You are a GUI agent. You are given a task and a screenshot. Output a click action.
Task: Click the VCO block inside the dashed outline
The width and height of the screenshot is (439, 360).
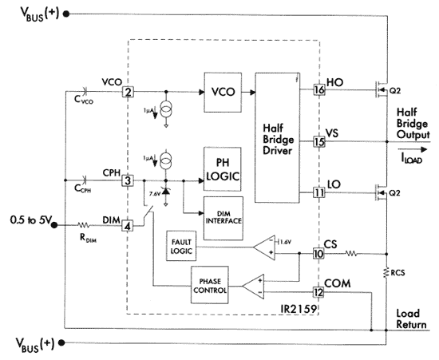(223, 93)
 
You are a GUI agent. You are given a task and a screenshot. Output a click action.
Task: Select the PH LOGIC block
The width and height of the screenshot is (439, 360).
(223, 168)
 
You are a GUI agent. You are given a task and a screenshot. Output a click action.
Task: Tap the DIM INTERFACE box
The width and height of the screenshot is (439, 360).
(223, 218)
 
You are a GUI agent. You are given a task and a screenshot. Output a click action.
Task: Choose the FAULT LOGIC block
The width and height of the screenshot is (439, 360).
(181, 246)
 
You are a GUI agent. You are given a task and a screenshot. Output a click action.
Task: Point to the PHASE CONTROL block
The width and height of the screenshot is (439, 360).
(210, 285)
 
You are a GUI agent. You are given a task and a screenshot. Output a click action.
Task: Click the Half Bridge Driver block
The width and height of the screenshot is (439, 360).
(277, 137)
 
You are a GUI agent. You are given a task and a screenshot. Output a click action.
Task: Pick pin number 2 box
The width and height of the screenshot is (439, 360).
(128, 92)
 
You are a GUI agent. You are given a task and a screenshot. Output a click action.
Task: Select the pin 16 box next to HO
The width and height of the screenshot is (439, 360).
(319, 90)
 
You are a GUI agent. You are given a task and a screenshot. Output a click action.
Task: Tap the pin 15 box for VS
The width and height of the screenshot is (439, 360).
(319, 141)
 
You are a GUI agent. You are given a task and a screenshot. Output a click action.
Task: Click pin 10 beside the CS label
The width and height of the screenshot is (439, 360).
(318, 254)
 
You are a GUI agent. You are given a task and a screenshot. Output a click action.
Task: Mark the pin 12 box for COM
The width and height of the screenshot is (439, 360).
(318, 292)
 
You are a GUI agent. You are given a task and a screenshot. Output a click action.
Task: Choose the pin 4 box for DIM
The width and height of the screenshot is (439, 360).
(128, 226)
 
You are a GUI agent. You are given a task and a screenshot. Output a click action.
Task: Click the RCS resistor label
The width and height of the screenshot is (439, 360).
(397, 273)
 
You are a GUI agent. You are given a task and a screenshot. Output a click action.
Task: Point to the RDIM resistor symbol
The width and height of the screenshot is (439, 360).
(84, 225)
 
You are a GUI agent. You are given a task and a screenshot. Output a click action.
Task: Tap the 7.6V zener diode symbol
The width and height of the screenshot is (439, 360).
(166, 192)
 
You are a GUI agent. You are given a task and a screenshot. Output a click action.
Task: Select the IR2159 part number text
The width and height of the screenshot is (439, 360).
(299, 309)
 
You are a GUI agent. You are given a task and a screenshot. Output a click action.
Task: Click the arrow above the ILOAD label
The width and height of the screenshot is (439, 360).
(412, 150)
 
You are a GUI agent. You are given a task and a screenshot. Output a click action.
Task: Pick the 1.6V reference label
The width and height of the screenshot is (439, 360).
(285, 242)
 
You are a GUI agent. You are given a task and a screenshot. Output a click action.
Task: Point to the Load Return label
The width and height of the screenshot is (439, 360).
(411, 318)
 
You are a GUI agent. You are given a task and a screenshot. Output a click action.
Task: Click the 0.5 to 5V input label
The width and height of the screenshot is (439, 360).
(30, 220)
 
